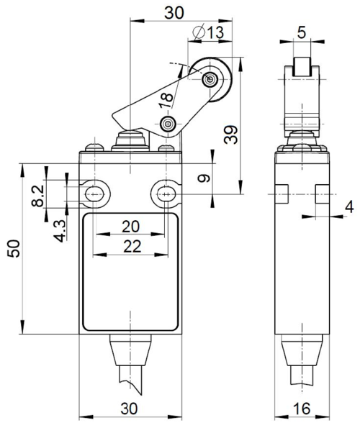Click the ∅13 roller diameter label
[208, 32]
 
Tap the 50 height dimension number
[14, 248]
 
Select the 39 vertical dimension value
[231, 135]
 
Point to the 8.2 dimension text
[37, 196]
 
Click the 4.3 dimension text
[60, 231]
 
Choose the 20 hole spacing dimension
[130, 227]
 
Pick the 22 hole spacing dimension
[132, 247]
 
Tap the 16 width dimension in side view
[302, 409]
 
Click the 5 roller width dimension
[302, 32]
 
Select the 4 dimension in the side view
[349, 206]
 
